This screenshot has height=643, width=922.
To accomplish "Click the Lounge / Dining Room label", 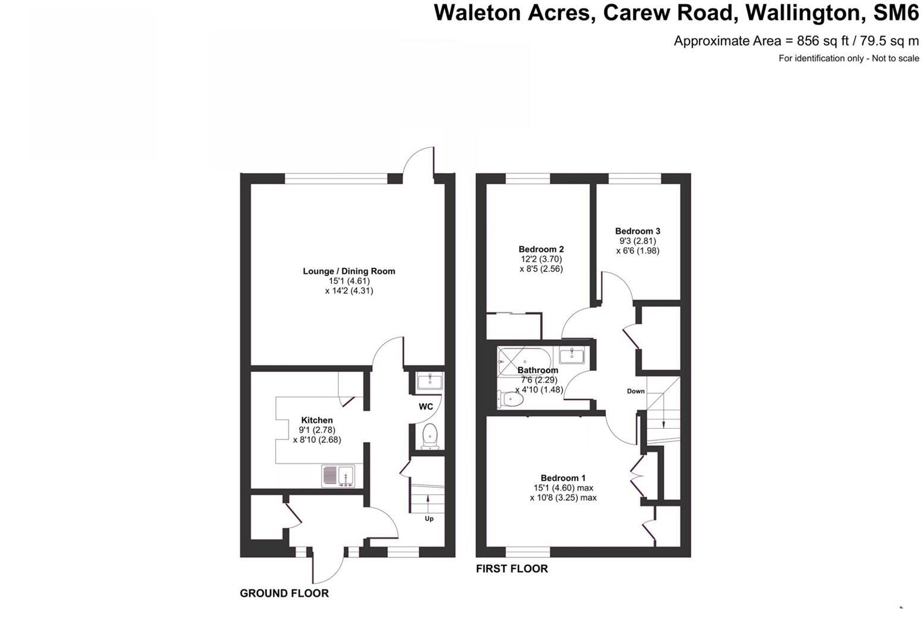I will click(349, 271).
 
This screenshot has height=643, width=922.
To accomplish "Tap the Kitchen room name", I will click(316, 420).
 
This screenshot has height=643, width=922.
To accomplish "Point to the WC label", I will click(426, 407).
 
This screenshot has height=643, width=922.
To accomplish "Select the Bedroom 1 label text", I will click(563, 477).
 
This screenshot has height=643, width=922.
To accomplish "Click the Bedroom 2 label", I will click(541, 249).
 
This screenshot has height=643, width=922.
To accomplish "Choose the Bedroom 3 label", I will click(637, 231).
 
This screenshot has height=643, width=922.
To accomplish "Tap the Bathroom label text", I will click(538, 370).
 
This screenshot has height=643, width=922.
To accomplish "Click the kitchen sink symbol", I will click(338, 476).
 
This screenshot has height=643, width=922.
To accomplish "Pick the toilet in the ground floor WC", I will click(429, 437).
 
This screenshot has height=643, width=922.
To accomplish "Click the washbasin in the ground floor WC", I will click(429, 381).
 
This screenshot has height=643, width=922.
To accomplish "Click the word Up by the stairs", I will click(429, 519).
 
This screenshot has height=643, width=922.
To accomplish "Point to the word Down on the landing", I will click(635, 391).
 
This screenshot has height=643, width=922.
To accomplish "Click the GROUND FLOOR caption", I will click(284, 593).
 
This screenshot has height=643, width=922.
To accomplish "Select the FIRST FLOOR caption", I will click(512, 569).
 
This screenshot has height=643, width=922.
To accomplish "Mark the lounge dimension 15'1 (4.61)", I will click(349, 281).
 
